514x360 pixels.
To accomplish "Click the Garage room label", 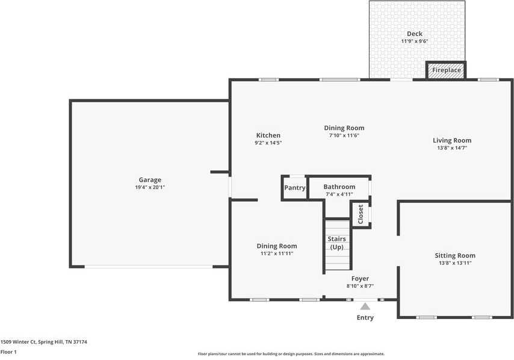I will coord(150,179).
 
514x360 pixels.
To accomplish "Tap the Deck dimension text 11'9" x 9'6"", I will coord(414,42).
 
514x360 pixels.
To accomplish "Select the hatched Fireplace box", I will coord(446,70).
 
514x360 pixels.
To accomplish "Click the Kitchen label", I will coord(268,135).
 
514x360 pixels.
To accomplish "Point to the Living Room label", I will coord(451,140).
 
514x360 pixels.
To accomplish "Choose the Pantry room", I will coord(295,188).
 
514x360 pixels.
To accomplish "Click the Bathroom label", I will coord(339,187).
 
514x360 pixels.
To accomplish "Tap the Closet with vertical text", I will coord(361,214).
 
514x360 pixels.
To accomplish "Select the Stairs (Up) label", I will coord(336,243).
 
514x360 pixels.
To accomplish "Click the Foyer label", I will coord(360,279).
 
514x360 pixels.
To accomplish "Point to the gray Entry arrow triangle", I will coord(365,306).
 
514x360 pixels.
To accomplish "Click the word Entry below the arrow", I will coord(365,318).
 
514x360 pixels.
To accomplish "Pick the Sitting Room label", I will coord(454,255).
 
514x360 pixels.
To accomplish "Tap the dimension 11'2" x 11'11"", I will coord(276,253).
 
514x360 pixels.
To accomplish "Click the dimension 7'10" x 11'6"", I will coord(344,135).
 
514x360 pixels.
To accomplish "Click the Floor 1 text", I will coord(8,352).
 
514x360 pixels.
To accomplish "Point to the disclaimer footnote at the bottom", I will coord(291,354).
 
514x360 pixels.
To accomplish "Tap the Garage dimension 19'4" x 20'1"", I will coord(150,187).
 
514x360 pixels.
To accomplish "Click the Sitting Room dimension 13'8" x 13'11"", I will coord(454,263).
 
